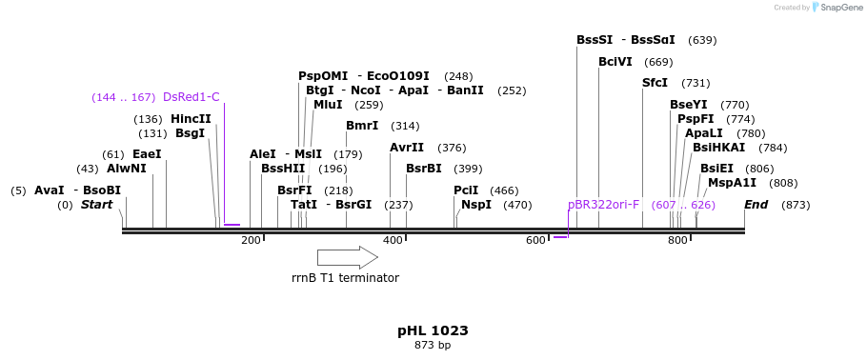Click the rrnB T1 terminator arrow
pos(347,257)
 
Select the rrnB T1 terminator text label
pos(345,278)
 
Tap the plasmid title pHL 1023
pos(433,330)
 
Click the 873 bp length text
pos(433,345)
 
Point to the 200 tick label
pos(251,241)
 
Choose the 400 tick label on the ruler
pos(393,241)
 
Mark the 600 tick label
pos(534,241)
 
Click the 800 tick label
pos(677,241)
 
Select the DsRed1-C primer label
pos(191,97)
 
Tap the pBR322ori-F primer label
pos(603,205)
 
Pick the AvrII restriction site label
pos(407,148)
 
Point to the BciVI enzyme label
pos(615,62)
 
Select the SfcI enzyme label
pos(655,83)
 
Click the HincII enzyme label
pos(191,119)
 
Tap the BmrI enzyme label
pos(362,126)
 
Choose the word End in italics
pos(756,205)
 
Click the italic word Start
pos(96,205)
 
